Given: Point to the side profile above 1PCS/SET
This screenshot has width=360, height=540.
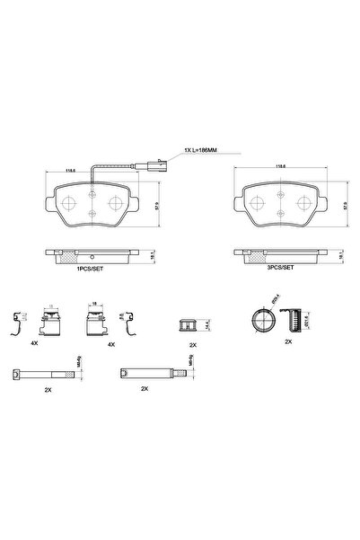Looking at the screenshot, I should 93,255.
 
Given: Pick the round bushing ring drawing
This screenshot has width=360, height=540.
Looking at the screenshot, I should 259,318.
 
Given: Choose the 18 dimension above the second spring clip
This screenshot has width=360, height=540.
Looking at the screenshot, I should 94,305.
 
